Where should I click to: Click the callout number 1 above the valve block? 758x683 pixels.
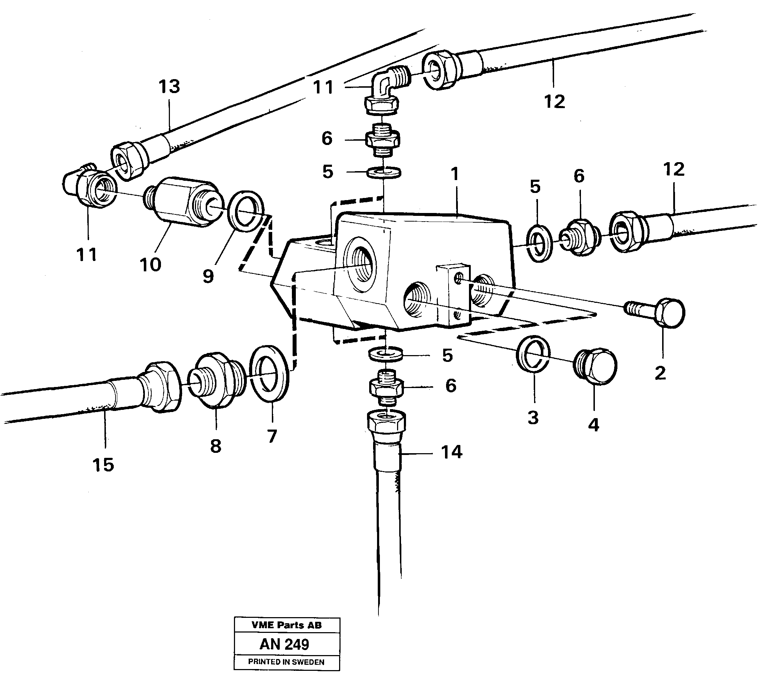pos(455,174)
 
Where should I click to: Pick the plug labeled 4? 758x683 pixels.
pos(596,367)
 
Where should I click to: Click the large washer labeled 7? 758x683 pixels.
pos(269,373)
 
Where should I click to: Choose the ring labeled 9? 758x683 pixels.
pos(246,211)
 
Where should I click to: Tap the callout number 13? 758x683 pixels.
pos(169,87)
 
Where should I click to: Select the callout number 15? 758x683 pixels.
pos(103,465)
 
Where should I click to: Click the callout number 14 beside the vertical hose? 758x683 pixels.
pos(451,452)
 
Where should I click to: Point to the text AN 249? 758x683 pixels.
pos(284,644)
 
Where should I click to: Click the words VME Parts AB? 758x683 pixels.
pos(287,625)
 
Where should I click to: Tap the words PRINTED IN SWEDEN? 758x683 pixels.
pos(286,662)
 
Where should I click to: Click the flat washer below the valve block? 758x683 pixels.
pos(386,354)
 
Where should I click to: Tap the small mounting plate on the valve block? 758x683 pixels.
pos(453,295)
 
